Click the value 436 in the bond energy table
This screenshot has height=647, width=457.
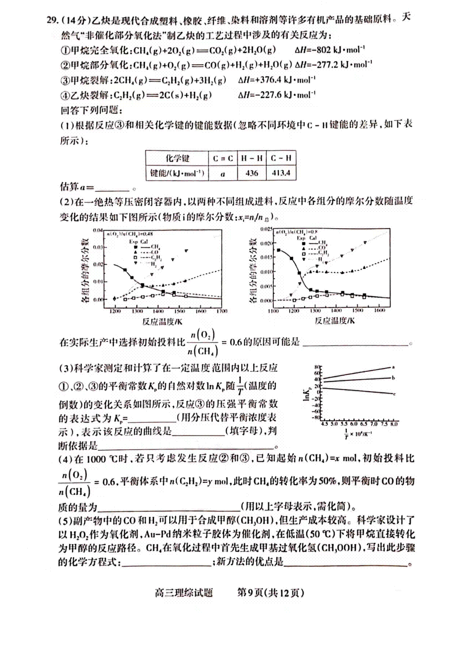pos(252,173)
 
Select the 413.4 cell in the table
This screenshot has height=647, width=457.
pos(281,173)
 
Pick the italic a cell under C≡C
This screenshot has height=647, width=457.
pos(223,174)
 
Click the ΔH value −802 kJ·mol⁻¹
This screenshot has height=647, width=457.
pos(331,50)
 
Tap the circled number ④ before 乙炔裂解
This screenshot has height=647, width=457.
pos(65,95)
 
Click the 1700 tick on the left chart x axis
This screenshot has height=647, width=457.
pos(221,311)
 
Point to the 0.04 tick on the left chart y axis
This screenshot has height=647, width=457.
pos(98,230)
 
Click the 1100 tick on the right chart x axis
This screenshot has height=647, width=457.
pos(273,311)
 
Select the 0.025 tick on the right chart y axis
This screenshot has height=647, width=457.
pos(266,229)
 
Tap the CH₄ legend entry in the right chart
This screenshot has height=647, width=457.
pos(323,242)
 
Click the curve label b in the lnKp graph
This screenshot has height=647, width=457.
pos(393,378)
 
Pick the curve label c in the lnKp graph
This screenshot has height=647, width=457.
pos(394,394)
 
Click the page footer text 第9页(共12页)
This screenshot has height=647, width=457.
pos(270,593)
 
